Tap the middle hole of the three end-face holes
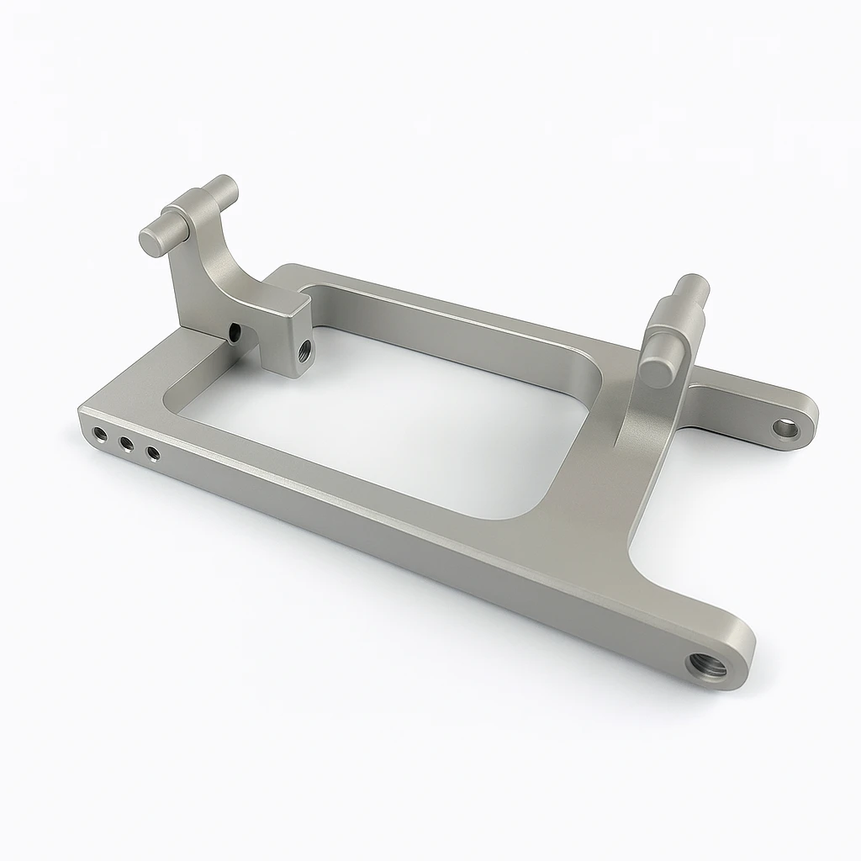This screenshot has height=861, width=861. pyautogui.click(x=127, y=444)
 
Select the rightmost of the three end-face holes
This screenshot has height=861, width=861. pyautogui.click(x=153, y=454)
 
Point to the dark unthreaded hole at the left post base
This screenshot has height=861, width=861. pyautogui.click(x=234, y=334)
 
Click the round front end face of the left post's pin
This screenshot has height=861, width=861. pyautogui.click(x=155, y=240)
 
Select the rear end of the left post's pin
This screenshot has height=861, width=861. pyautogui.click(x=224, y=184)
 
